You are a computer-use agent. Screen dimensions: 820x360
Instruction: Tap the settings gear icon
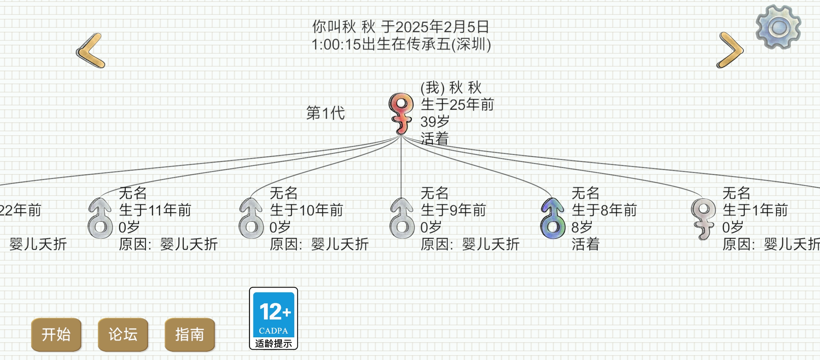778,27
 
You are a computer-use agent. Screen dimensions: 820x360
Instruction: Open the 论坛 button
123,334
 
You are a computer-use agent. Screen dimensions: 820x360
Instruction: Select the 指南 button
190,334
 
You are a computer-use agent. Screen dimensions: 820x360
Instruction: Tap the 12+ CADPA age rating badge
273,318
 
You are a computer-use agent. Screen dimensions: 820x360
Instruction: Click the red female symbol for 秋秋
401,113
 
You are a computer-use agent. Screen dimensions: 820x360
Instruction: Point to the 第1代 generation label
326,113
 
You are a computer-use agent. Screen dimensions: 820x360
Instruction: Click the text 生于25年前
457,105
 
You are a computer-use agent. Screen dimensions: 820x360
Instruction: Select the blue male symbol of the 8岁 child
553,218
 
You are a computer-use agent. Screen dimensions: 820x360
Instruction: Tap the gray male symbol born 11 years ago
100,218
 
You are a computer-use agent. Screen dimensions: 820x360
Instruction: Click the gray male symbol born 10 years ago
251,218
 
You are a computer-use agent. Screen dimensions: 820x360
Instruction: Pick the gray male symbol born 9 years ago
402,218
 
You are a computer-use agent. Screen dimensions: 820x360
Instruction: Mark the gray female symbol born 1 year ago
703,219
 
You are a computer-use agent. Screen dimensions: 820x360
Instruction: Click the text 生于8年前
604,210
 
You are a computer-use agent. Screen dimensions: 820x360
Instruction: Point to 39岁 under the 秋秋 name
435,122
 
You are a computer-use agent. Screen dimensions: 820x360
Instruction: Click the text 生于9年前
453,210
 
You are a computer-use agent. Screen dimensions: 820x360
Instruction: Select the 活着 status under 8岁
586,244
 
